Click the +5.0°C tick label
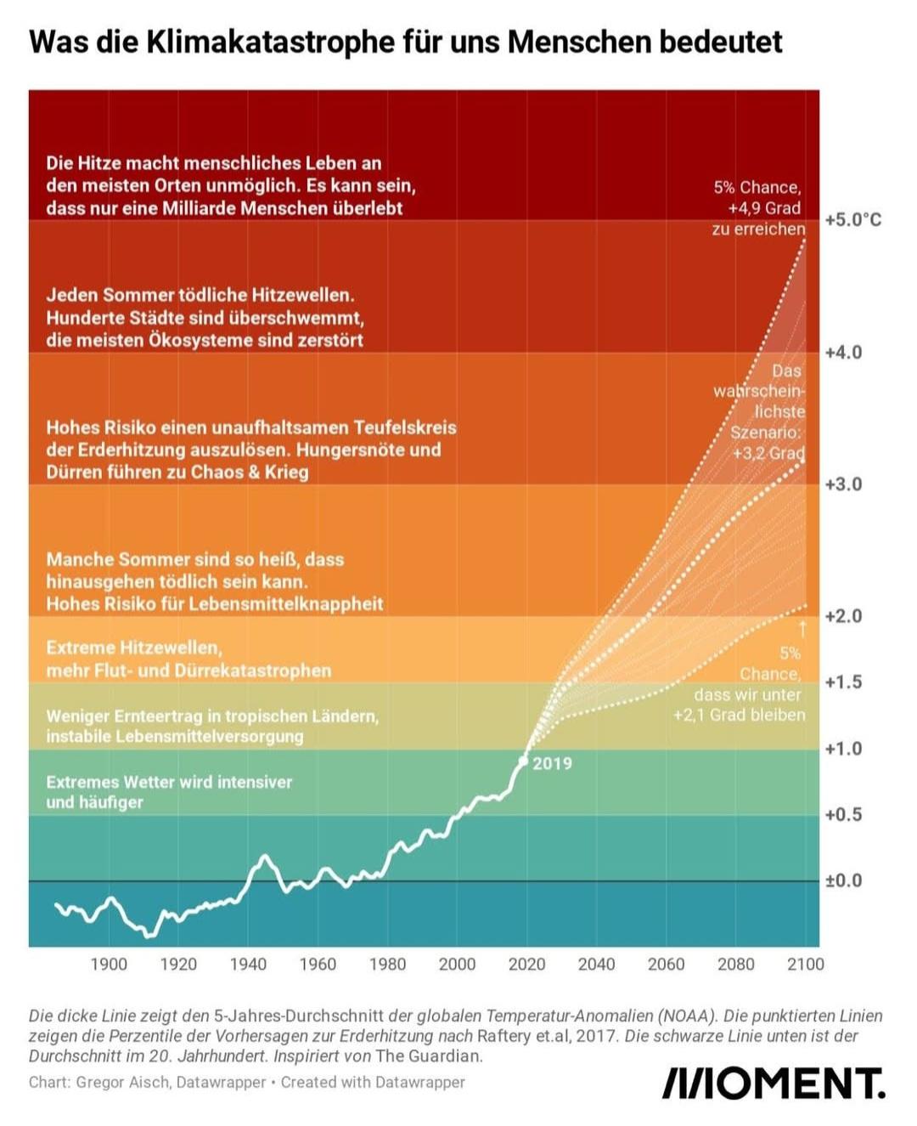(x=852, y=220)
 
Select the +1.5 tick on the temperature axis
(x=842, y=682)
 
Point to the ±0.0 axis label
(x=842, y=881)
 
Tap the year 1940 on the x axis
(x=248, y=965)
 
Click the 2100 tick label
(x=805, y=965)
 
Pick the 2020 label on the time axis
(x=526, y=965)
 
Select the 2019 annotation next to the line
(x=552, y=764)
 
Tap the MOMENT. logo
(x=773, y=1084)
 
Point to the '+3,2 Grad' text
(x=768, y=454)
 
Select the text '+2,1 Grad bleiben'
(x=739, y=716)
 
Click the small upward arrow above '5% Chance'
(x=802, y=629)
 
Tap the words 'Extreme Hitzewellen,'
(x=134, y=648)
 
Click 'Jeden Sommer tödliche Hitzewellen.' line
(x=200, y=296)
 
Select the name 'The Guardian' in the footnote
(x=429, y=1056)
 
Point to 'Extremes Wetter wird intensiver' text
(x=169, y=782)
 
